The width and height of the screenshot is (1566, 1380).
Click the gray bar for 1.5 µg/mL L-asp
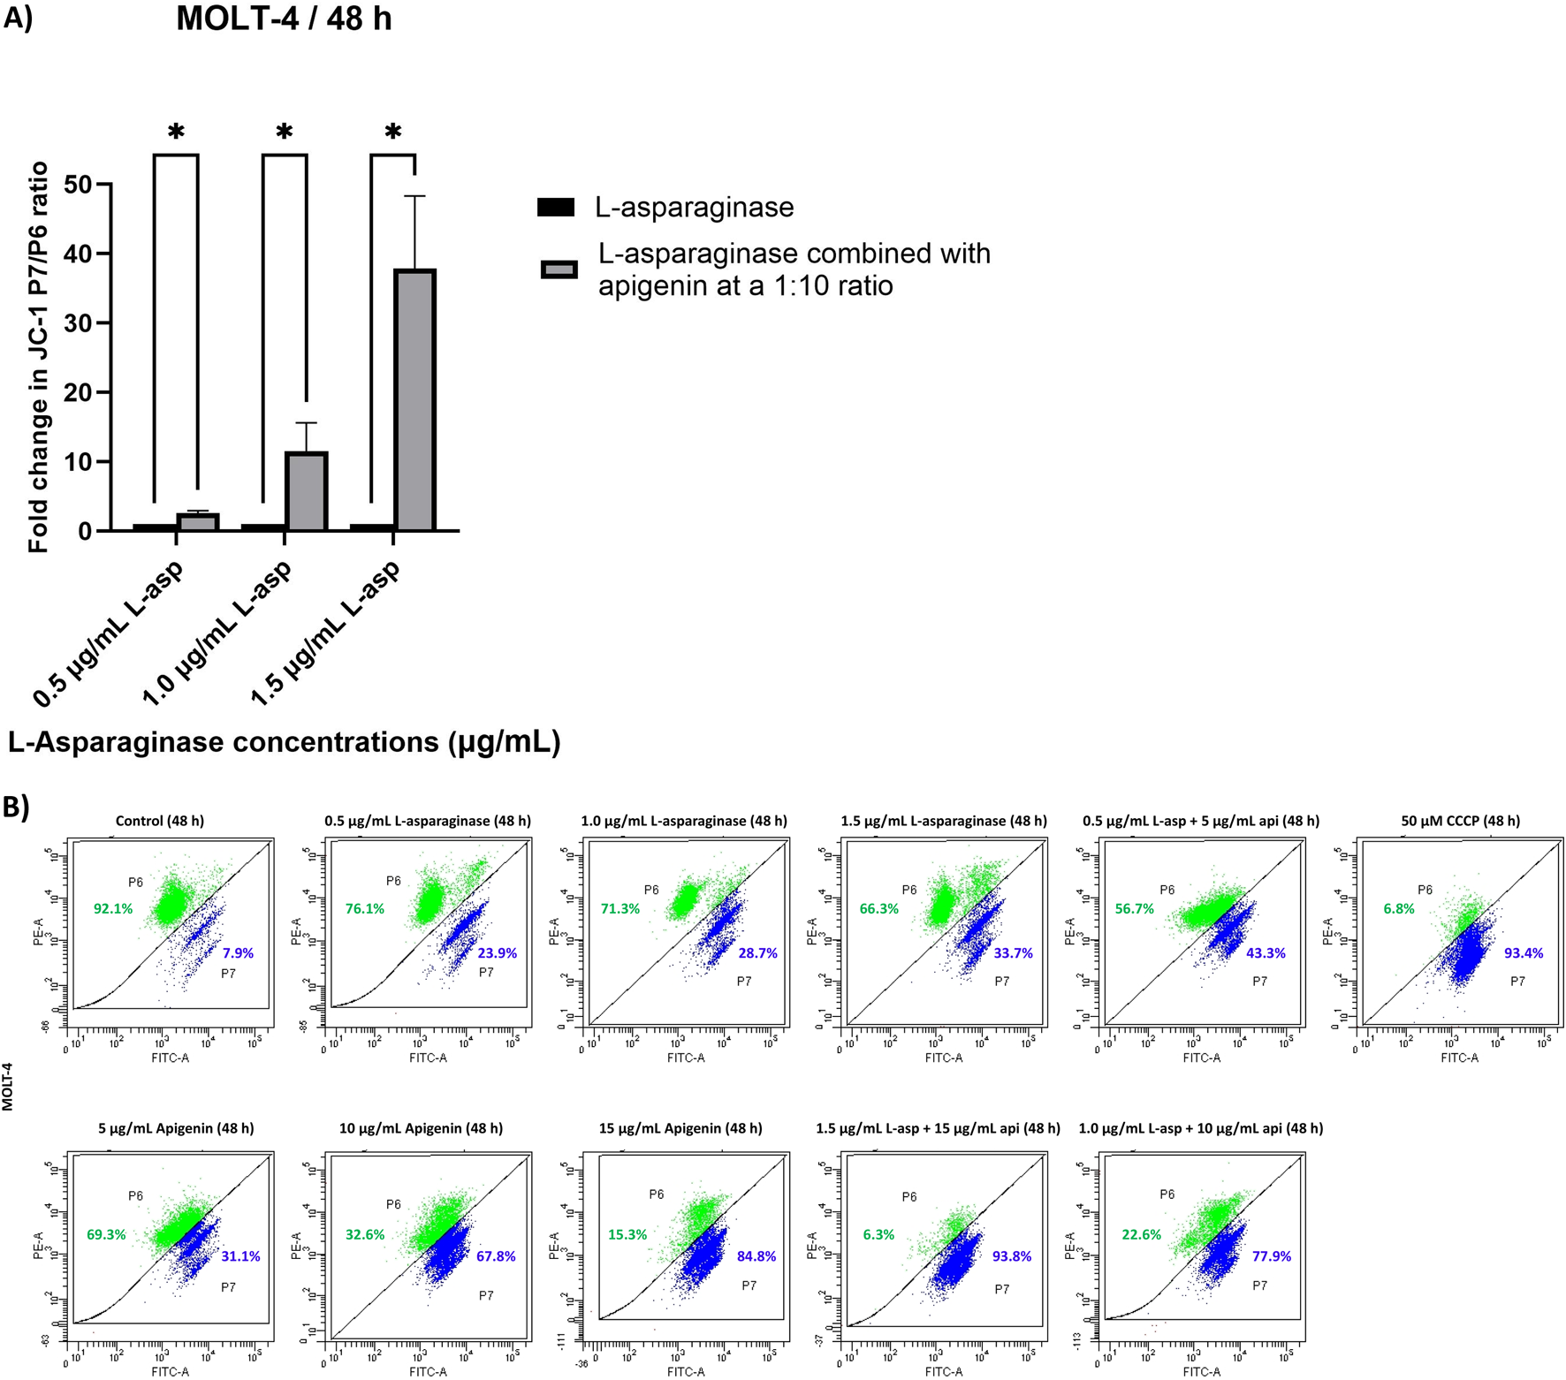(414, 399)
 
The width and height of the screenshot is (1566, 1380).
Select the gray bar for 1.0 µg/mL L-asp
(306, 491)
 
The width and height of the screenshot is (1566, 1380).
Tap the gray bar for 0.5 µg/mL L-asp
(197, 522)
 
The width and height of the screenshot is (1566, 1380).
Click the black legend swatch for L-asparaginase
(556, 208)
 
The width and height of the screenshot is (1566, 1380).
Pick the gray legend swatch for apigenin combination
(559, 269)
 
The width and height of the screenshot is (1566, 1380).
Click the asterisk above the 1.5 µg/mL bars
(393, 133)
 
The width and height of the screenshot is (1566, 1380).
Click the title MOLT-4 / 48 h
(284, 19)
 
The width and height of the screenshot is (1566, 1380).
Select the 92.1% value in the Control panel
(113, 908)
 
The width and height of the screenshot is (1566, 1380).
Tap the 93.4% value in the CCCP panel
(1524, 953)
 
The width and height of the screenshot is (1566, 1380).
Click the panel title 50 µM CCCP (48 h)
(1460, 821)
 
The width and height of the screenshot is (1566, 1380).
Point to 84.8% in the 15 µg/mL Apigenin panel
(756, 1256)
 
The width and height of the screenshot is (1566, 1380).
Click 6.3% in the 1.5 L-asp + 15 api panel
(878, 1234)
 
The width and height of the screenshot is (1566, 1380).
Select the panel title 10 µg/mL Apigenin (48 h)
(421, 1128)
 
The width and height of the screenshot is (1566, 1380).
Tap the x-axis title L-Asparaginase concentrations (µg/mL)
(284, 742)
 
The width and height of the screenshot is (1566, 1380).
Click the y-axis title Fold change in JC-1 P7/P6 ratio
(38, 358)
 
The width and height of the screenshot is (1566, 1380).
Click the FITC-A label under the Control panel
(170, 1058)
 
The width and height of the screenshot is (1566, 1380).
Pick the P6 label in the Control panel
(135, 882)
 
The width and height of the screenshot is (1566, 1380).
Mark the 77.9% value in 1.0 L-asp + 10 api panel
(1272, 1256)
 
